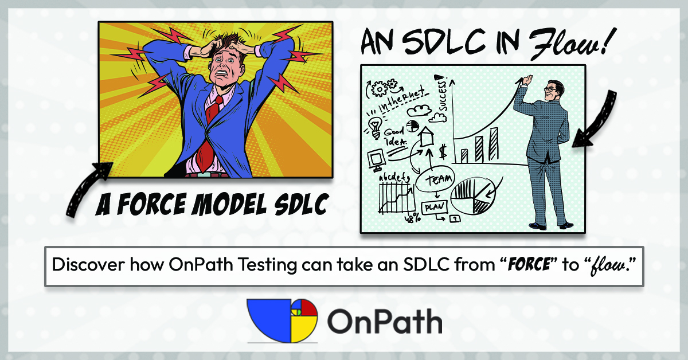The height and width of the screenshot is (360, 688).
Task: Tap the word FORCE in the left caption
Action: point(153,204)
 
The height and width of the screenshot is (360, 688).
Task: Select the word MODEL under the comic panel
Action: point(229,204)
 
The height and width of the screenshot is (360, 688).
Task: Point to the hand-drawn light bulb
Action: point(375,127)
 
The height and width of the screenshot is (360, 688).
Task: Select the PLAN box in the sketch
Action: point(435,208)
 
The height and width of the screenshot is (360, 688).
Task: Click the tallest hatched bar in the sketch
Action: point(494,144)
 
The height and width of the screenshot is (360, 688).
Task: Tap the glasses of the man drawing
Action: point(550,89)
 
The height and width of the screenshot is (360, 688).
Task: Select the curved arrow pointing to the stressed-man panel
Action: point(84,187)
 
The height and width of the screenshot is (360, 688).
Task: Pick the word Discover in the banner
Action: point(88,264)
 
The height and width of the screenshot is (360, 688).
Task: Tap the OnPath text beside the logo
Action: point(385,321)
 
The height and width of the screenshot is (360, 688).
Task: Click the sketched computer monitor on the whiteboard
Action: point(376,160)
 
